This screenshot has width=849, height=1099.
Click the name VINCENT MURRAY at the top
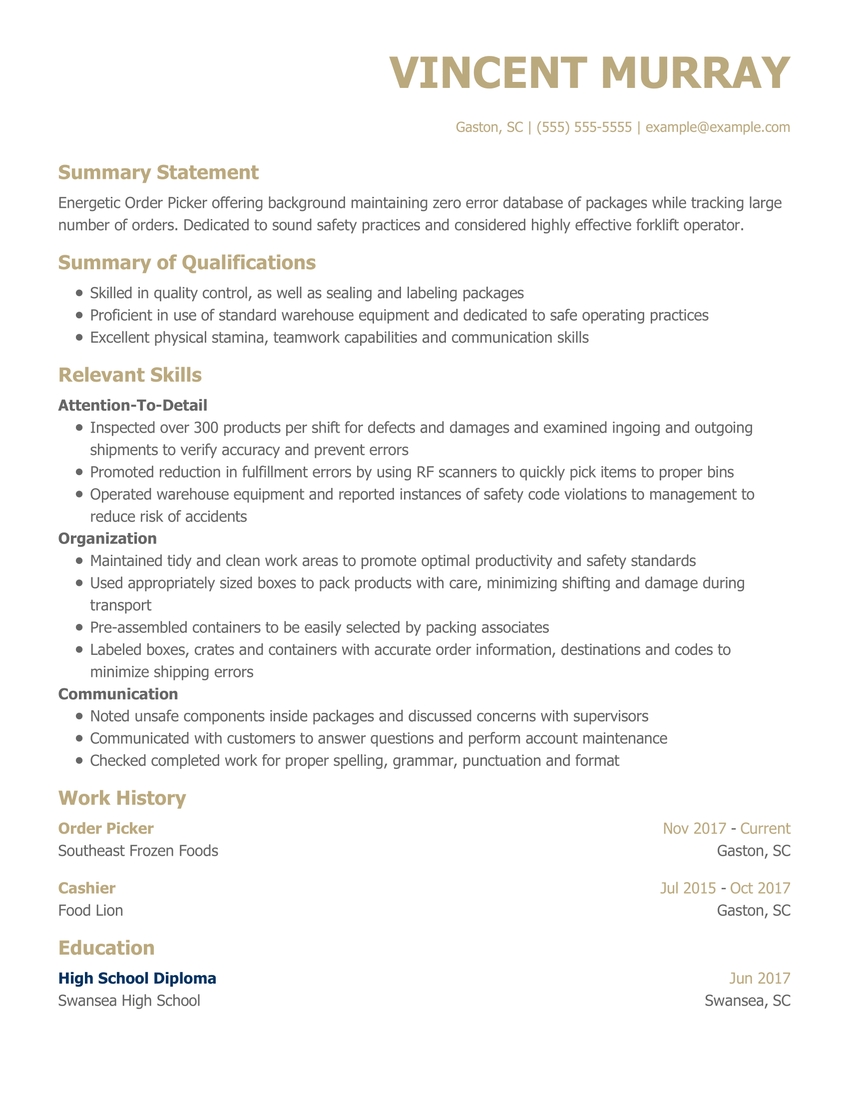click(x=589, y=73)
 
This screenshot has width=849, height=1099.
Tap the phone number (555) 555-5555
click(x=583, y=127)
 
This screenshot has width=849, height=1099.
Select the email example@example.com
click(x=717, y=127)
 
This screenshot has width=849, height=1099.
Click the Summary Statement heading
click(x=158, y=173)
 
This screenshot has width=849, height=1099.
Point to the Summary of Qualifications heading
click(x=187, y=263)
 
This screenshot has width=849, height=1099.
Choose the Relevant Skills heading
click(x=130, y=375)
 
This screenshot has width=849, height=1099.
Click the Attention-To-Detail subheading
click(x=133, y=405)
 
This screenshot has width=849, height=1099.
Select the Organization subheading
click(x=108, y=539)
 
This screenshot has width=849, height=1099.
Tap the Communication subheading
click(x=118, y=694)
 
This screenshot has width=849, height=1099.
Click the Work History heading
click(x=122, y=798)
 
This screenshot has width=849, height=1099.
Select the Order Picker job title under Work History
click(x=106, y=828)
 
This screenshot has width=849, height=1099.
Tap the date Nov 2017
click(x=694, y=828)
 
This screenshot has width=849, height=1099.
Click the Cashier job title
click(x=87, y=888)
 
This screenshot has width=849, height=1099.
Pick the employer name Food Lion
click(x=90, y=910)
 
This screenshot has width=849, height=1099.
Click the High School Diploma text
click(x=137, y=978)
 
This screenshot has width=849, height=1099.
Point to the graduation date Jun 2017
click(x=760, y=978)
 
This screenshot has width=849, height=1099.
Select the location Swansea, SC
click(x=748, y=1001)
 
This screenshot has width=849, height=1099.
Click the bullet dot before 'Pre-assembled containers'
click(x=79, y=627)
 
